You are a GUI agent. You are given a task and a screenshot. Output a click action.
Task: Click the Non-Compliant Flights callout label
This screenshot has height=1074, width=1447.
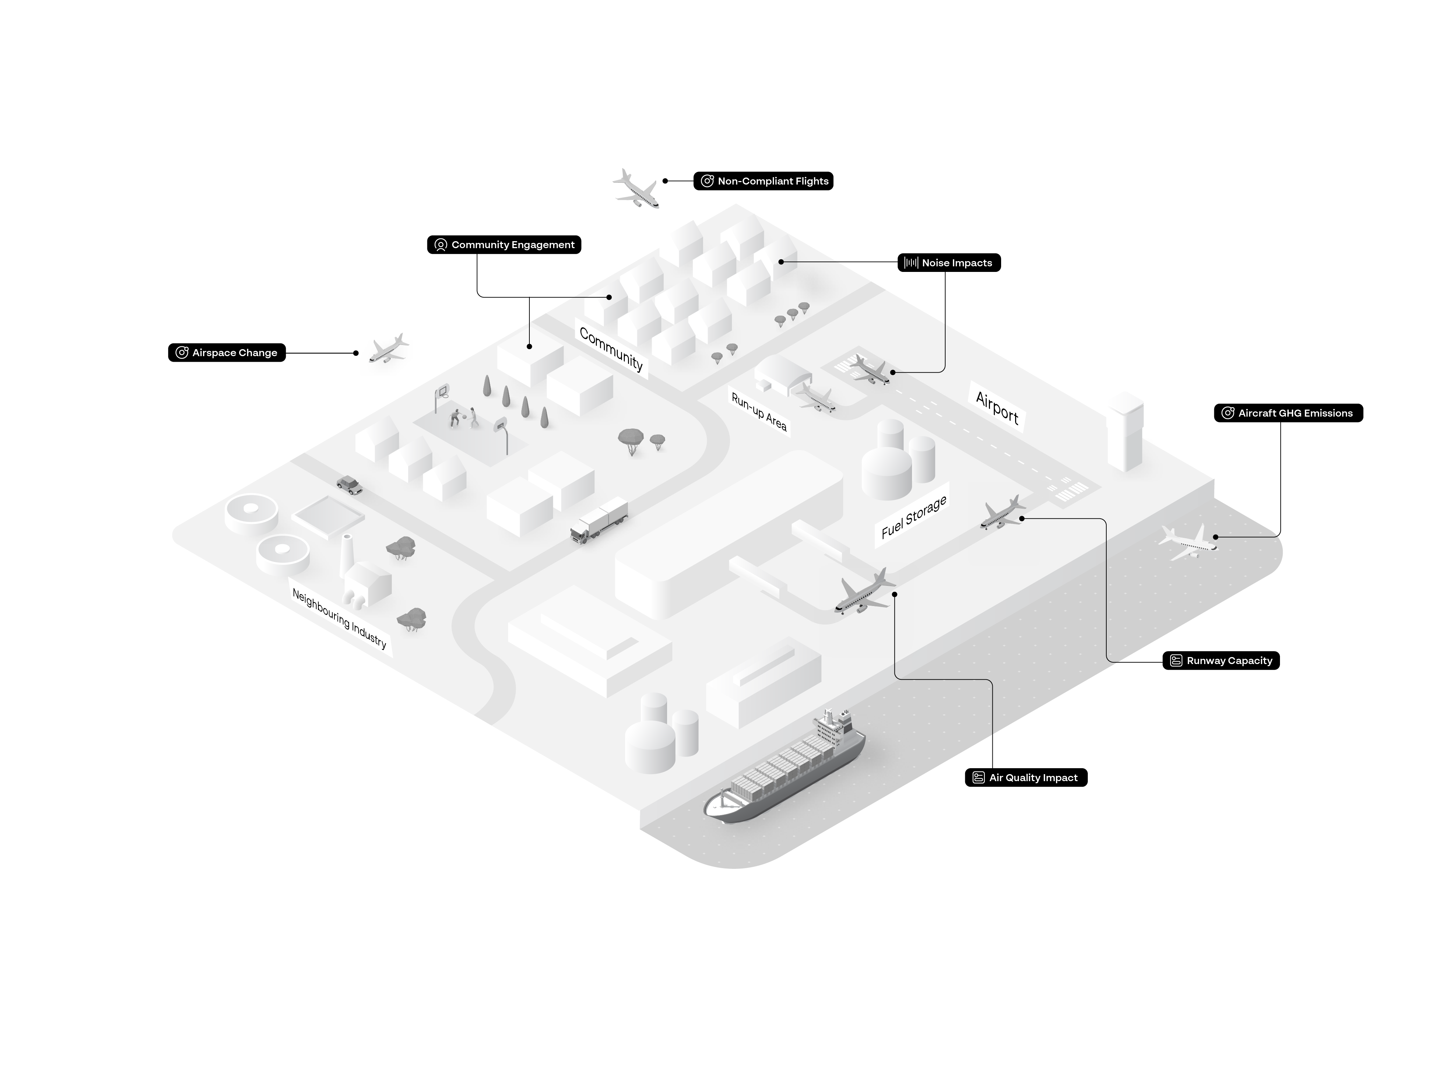[763, 181]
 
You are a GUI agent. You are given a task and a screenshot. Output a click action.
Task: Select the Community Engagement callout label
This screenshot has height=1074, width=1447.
[504, 244]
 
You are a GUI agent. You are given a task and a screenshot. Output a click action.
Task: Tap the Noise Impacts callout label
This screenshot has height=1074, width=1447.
[949, 263]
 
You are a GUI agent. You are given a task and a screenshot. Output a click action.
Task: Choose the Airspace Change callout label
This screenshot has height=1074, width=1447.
[227, 352]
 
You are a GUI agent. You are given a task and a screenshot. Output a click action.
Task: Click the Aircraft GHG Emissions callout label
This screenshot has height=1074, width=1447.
[1288, 413]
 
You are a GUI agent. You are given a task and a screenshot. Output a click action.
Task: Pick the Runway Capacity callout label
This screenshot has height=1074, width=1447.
[1221, 661]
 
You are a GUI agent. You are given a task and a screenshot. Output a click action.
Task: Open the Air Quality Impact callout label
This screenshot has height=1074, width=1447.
[1026, 778]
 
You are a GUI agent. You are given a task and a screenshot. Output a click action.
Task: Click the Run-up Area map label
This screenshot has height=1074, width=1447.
[759, 411]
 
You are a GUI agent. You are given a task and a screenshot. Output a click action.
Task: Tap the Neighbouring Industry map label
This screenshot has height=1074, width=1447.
[339, 618]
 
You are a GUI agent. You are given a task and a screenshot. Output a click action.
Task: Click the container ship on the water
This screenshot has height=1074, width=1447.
[784, 767]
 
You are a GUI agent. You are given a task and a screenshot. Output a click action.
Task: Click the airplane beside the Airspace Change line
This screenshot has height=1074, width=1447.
[389, 349]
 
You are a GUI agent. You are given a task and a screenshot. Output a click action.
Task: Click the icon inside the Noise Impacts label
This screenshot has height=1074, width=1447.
[911, 263]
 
